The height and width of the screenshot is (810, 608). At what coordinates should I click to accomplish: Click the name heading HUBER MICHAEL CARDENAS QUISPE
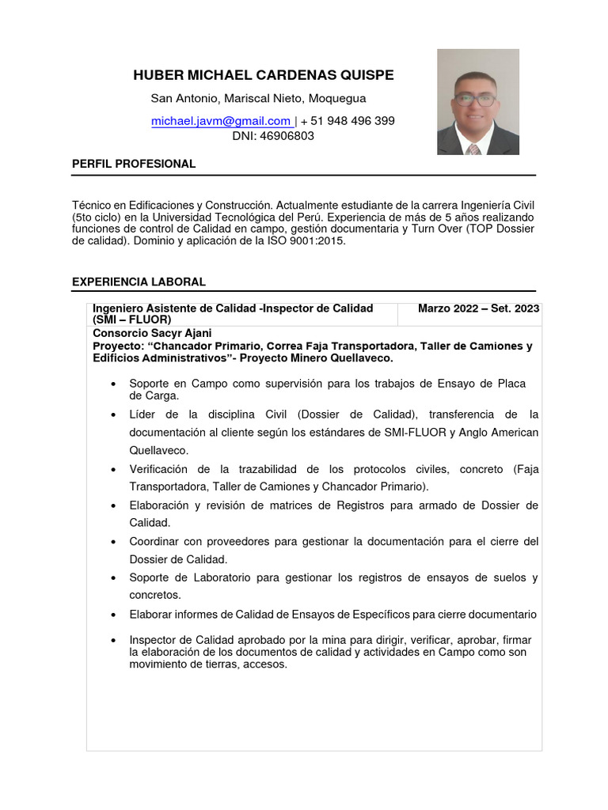point(263,75)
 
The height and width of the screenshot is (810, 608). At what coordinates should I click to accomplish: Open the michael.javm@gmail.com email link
point(222,121)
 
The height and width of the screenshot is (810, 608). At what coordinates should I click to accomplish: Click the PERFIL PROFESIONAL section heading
point(133,164)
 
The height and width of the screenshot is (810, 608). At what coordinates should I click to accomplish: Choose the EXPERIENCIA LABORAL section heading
point(139,282)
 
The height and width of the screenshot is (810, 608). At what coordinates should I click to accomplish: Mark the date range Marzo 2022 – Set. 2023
point(478,308)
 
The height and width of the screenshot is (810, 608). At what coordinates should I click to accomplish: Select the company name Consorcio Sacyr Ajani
point(152,333)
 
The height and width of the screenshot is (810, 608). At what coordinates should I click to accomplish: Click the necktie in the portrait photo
point(473,149)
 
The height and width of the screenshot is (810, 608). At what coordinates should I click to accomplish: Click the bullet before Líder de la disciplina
point(116,414)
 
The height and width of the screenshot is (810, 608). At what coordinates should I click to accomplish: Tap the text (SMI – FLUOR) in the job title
point(131,320)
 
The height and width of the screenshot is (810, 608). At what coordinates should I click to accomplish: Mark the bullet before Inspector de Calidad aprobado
point(116,640)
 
